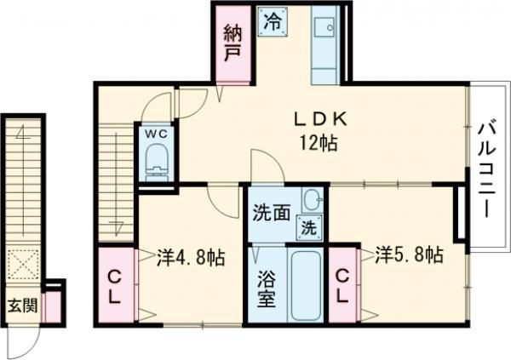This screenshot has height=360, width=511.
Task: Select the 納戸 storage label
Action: pyautogui.click(x=232, y=43)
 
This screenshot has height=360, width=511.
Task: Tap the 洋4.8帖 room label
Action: pyautogui.click(x=190, y=256)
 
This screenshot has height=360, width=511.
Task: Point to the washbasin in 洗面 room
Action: pyautogui.click(x=312, y=201)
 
